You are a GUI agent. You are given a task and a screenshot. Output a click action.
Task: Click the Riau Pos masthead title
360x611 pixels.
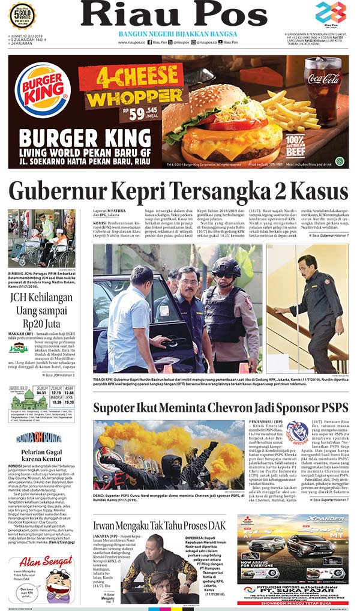[174, 14]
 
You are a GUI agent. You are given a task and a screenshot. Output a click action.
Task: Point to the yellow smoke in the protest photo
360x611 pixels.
[120, 445]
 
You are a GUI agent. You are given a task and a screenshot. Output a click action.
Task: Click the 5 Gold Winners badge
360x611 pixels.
[22, 15]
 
